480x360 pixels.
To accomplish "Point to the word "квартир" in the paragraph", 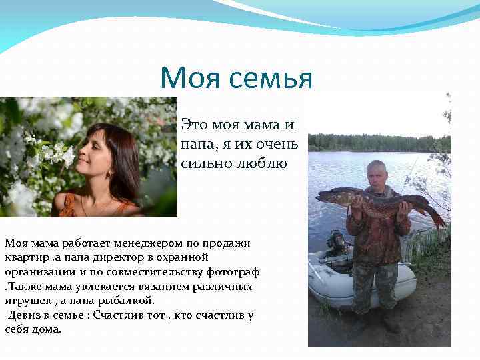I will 25,257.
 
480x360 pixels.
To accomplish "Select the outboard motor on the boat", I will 337,243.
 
